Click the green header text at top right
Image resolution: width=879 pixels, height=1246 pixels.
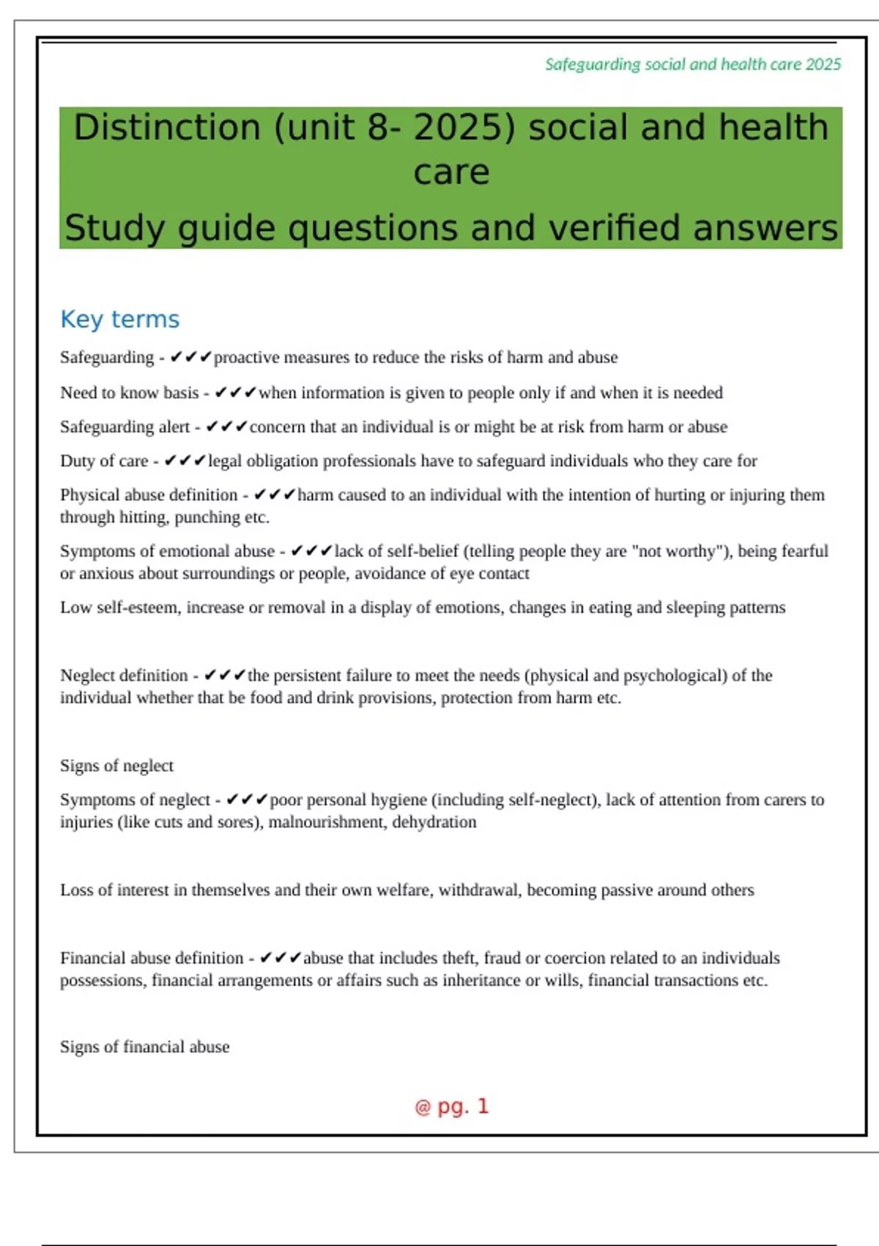click(x=692, y=64)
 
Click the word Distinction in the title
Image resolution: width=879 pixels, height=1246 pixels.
click(x=167, y=128)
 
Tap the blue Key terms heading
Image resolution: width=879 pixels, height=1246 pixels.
click(x=119, y=320)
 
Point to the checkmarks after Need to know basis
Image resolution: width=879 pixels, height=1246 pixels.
click(x=235, y=393)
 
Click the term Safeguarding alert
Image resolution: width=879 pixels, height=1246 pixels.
click(x=125, y=427)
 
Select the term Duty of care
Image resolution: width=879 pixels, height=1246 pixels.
click(x=104, y=461)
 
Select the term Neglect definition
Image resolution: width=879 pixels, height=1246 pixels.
click(x=124, y=676)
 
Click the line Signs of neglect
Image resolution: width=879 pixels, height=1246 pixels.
click(x=116, y=766)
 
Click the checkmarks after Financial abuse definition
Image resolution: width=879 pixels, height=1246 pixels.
click(x=281, y=958)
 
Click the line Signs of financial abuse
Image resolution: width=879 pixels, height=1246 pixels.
click(x=144, y=1047)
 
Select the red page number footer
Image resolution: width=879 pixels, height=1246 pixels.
click(x=451, y=1107)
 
